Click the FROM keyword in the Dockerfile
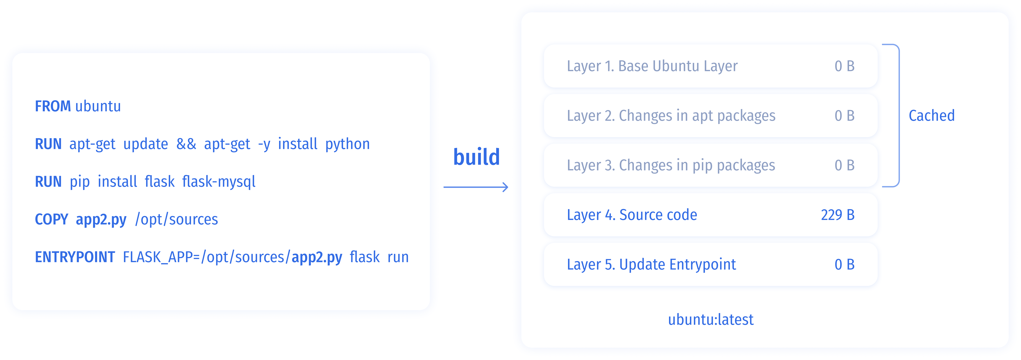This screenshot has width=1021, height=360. (53, 106)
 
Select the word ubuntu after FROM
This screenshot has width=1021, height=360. (98, 106)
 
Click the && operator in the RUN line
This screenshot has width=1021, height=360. (186, 144)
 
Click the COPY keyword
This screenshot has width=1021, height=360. (52, 219)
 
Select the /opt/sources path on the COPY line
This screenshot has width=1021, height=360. (176, 219)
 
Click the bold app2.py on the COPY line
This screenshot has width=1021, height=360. (101, 219)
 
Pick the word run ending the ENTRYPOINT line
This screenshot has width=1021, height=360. (398, 257)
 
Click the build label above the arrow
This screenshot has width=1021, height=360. (476, 157)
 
